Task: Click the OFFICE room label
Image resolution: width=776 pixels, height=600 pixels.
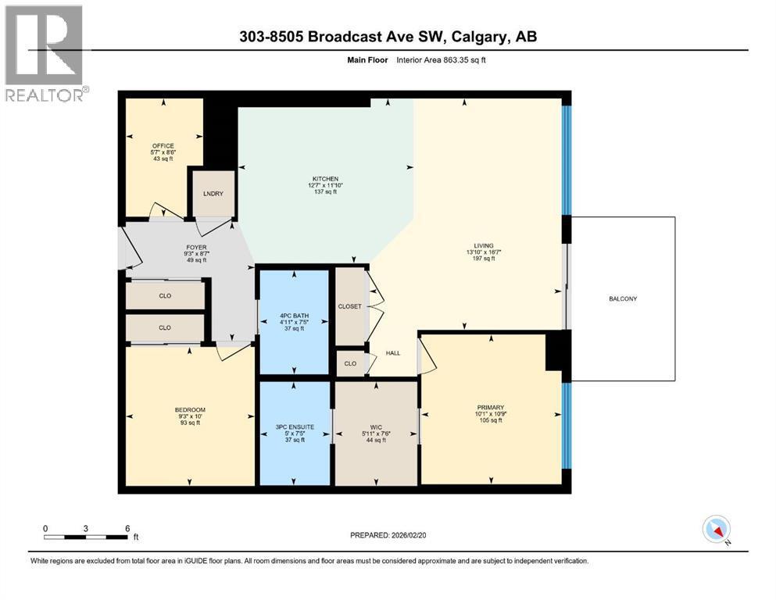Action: pyautogui.click(x=163, y=145)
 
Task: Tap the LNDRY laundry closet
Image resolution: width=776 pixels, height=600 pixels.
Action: pyautogui.click(x=213, y=194)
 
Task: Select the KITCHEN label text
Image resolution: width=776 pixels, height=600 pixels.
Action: pyautogui.click(x=325, y=179)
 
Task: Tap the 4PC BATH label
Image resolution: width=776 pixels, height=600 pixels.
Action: pyautogui.click(x=293, y=315)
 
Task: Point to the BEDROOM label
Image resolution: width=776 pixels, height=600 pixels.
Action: pyautogui.click(x=190, y=410)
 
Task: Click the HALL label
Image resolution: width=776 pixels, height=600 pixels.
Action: pyautogui.click(x=393, y=353)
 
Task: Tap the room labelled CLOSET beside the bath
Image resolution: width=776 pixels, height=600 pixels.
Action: pyautogui.click(x=349, y=306)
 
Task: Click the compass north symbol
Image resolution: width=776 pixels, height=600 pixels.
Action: pyautogui.click(x=717, y=530)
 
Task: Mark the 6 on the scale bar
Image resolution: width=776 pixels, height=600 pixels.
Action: pyautogui.click(x=127, y=528)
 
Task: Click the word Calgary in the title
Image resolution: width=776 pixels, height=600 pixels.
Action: pyautogui.click(x=475, y=37)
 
